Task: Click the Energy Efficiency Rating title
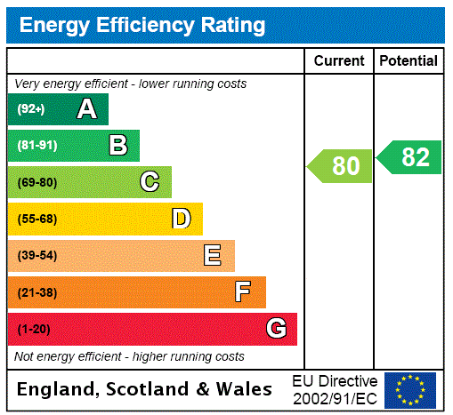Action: pos(142,26)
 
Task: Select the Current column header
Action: pos(339,61)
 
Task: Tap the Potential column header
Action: pos(409,61)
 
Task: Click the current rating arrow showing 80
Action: pos(341,166)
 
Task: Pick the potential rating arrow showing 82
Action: pos(409,157)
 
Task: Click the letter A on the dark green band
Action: pos(86,109)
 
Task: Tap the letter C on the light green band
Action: pos(150,182)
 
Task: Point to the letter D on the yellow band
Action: pos(181,219)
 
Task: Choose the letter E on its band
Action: pos(212,256)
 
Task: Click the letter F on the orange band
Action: pos(242,291)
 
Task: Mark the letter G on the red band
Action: pos(276,329)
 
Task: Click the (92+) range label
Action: pos(30,109)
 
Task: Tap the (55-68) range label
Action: pos(36,219)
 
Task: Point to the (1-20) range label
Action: pos(34,330)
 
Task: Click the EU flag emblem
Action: pos(410,390)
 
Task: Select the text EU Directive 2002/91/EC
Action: pos(335,389)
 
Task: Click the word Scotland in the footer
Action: pos(152,389)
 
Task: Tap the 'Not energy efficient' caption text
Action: pos(129,356)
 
